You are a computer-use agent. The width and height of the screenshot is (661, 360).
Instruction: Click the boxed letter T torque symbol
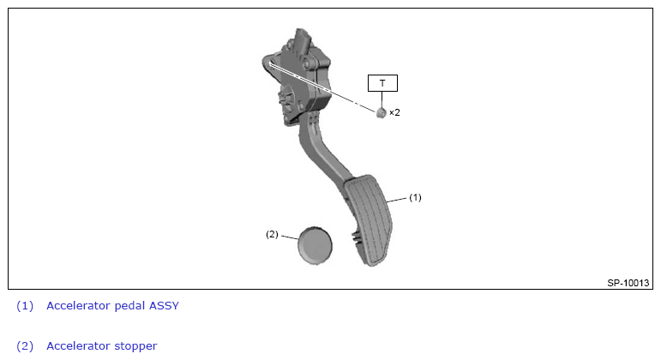(382, 83)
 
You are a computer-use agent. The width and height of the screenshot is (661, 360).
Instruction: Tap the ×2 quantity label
(394, 112)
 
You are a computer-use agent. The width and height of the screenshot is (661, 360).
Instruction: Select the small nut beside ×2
(382, 112)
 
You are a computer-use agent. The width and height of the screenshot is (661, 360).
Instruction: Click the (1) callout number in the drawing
(415, 197)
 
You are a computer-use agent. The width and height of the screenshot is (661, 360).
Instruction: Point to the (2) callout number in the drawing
(272, 234)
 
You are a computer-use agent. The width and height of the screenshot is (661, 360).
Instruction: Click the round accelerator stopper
(315, 246)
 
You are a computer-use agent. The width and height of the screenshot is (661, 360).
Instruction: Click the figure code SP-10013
(628, 283)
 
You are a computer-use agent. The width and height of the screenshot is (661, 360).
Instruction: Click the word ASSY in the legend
(164, 306)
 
